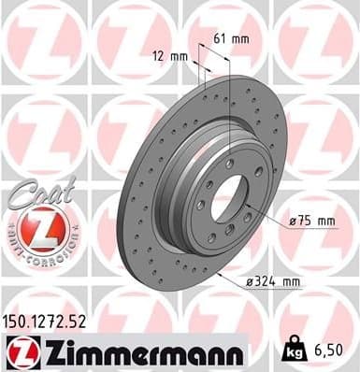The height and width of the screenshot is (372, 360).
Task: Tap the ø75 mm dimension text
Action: click(312, 221)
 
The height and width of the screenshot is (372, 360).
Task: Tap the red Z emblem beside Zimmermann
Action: click(22, 351)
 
